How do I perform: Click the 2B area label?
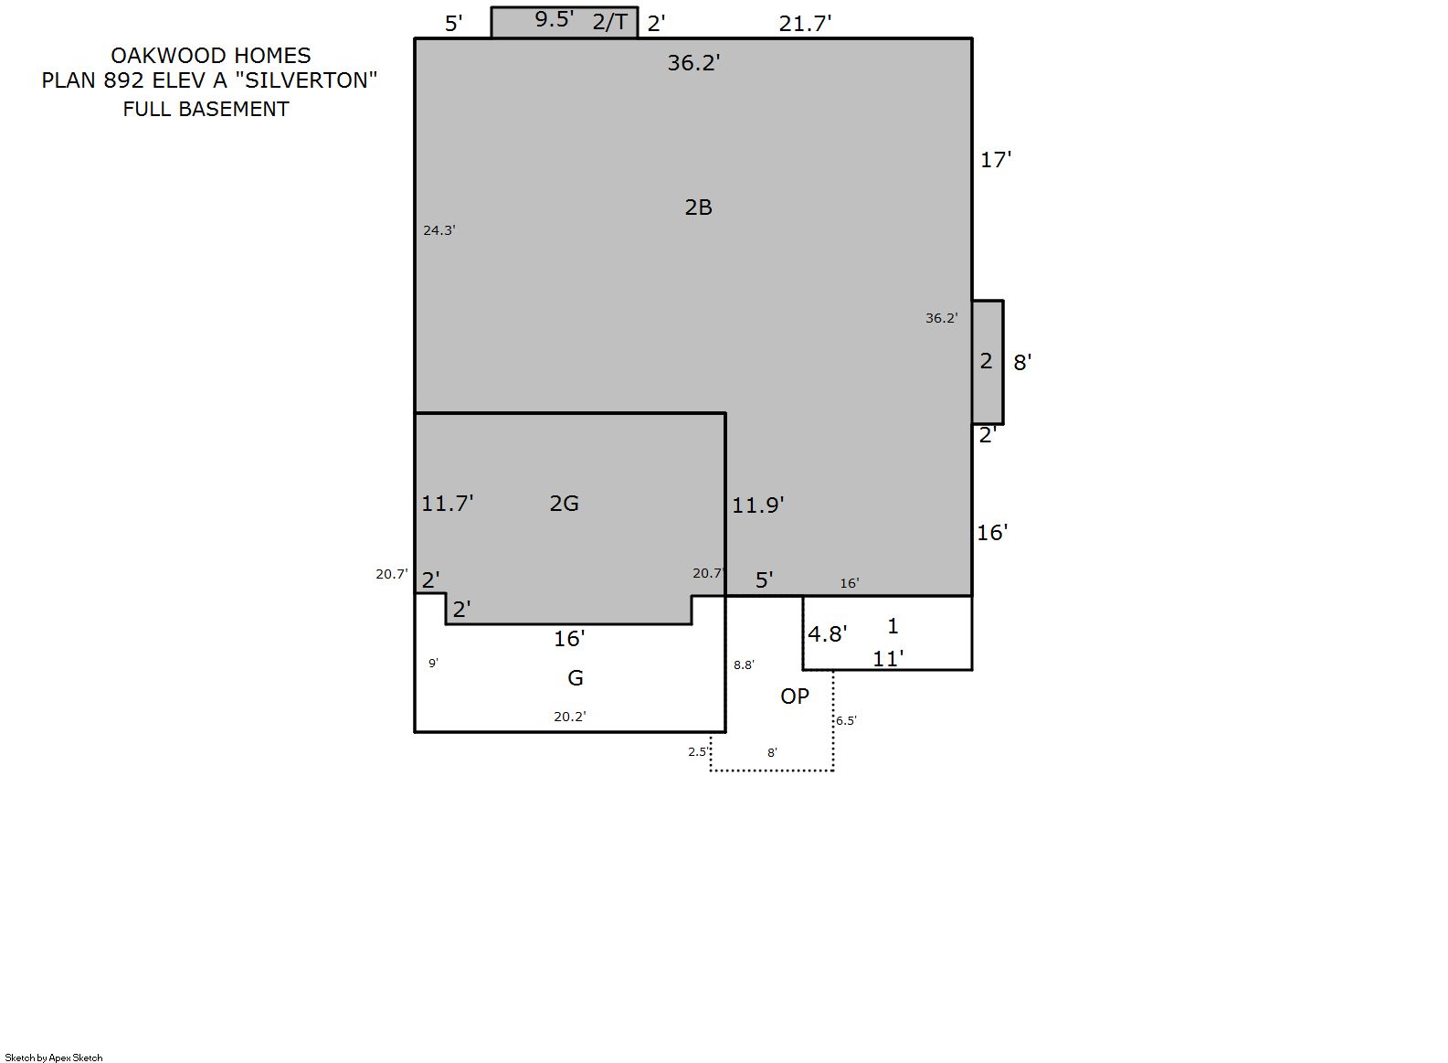tap(698, 207)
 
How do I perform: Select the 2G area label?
tap(564, 504)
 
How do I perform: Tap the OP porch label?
tap(795, 696)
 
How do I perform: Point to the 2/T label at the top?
tap(609, 22)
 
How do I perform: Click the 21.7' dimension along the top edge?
tap(805, 24)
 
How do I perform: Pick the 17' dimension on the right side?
tap(996, 160)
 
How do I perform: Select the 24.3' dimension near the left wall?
tap(439, 230)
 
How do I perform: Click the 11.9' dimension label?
tap(757, 505)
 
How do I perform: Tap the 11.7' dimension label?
tap(448, 503)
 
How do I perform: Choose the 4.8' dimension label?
tap(828, 634)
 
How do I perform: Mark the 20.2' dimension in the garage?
tap(569, 717)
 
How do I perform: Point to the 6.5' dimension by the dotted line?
tap(846, 721)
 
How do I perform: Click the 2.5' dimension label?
tap(698, 752)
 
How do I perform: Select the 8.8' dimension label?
tap(744, 664)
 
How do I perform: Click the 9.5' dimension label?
tap(554, 19)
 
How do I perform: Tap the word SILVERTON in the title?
tap(306, 80)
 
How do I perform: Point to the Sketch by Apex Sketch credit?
tap(54, 1058)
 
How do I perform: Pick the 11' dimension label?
tap(888, 659)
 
